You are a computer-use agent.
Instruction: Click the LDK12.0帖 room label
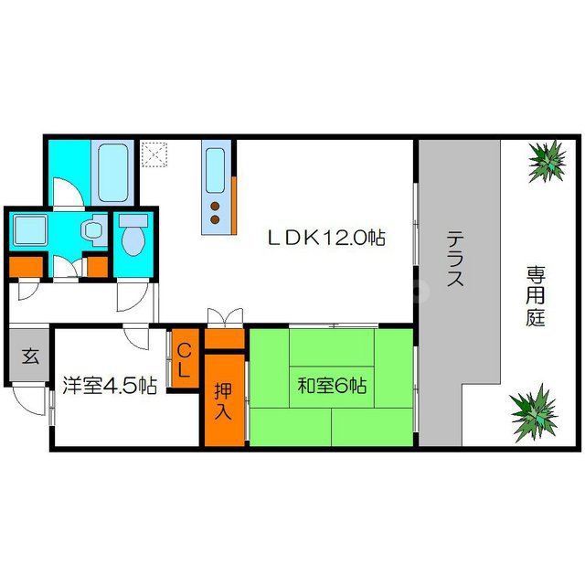point(325,239)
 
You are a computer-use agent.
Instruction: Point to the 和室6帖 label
point(331,386)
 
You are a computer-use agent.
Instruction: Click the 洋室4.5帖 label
point(110,385)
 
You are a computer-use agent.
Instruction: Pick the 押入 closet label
point(224,400)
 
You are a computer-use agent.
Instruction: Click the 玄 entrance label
point(30,356)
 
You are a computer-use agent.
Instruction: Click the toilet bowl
point(133,239)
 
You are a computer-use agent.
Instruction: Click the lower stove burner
point(215,219)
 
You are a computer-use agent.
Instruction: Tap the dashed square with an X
point(154,154)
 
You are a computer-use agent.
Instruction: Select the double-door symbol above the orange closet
point(224,319)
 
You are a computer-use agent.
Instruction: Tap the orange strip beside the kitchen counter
point(234,203)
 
